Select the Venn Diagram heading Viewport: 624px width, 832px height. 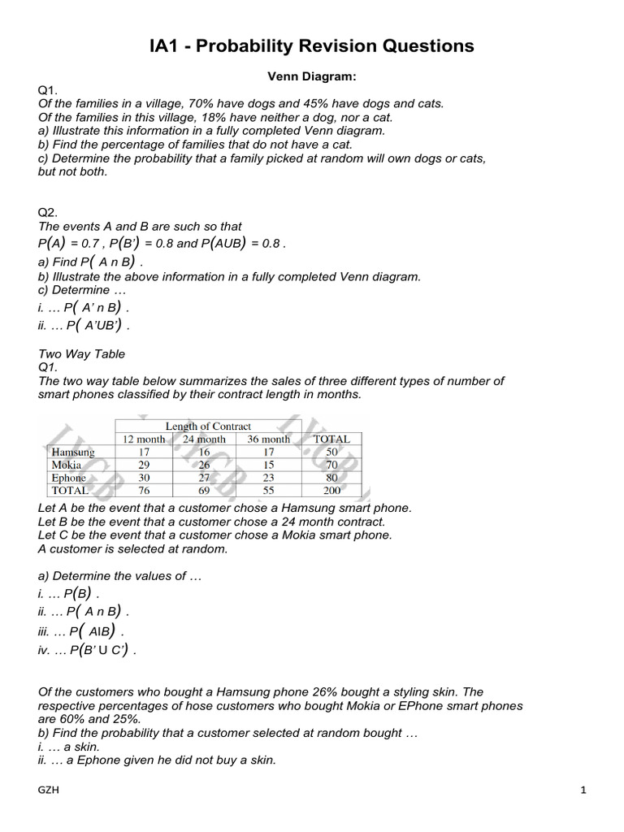[312, 76]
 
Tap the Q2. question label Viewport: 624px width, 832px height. [49, 213]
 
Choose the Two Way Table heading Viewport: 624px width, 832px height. [81, 354]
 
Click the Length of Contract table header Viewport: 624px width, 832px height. [208, 426]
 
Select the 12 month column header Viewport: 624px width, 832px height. [144, 439]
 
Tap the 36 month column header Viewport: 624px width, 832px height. [269, 439]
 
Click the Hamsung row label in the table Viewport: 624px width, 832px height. [73, 452]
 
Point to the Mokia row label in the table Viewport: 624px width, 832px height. [67, 465]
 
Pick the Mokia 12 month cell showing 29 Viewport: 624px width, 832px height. [144, 465]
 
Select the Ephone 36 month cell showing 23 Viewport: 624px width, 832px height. [269, 478]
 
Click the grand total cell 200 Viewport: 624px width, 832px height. [331, 491]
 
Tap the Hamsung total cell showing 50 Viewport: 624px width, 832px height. [331, 452]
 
